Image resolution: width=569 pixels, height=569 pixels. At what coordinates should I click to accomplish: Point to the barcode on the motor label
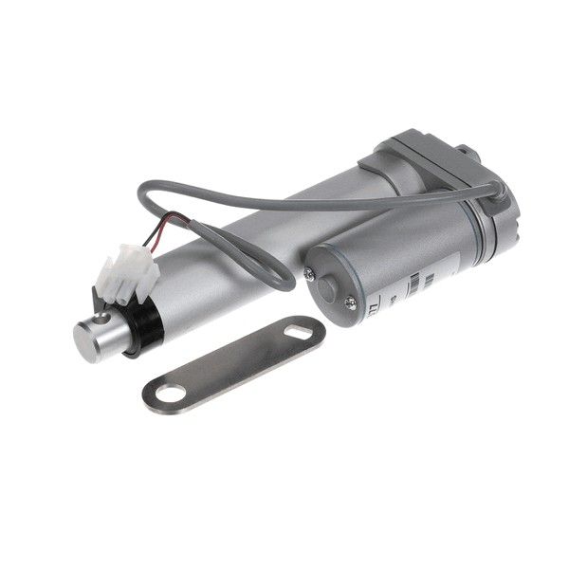tap(417, 283)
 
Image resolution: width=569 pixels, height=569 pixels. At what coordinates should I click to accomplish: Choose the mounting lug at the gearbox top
tap(462, 152)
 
